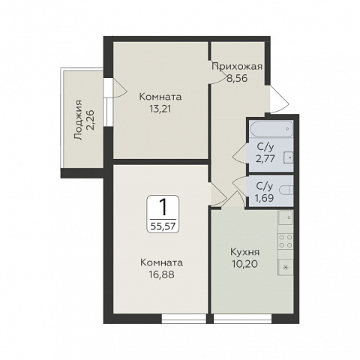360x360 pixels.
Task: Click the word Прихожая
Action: tap(237, 67)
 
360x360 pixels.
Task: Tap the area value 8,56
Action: tap(237, 78)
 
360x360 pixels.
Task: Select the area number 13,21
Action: tap(160, 109)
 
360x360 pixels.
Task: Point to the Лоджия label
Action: tap(78, 120)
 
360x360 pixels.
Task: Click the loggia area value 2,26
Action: tap(90, 120)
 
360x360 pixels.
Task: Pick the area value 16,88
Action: tap(161, 274)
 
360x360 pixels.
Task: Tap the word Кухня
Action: tap(244, 252)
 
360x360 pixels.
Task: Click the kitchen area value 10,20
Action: tap(244, 264)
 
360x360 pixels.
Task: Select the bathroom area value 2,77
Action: tap(265, 158)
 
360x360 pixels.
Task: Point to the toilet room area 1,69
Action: tap(264, 198)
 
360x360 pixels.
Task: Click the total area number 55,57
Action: tap(163, 226)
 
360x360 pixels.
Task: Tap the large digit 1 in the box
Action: tap(163, 207)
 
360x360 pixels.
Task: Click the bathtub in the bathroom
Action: tap(271, 129)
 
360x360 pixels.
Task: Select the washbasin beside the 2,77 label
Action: tap(288, 157)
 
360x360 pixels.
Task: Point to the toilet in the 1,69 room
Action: tap(286, 190)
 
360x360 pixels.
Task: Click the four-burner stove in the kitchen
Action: tap(286, 241)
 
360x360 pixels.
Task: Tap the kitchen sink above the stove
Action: tap(286, 217)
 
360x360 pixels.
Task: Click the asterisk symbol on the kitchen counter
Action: tap(286, 268)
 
